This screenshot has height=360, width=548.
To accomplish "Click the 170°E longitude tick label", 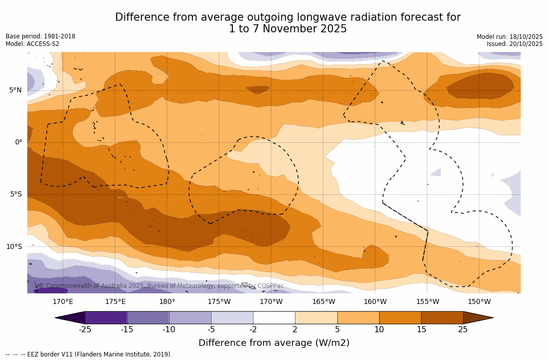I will (x=63, y=302).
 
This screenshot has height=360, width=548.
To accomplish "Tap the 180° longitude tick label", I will (x=167, y=302).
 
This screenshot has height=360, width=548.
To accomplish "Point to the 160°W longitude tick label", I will (x=375, y=302).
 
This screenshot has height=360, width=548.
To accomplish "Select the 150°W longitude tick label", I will (x=479, y=302).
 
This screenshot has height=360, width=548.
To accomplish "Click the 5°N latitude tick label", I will (x=15, y=90).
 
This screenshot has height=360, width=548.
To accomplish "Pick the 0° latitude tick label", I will (x=18, y=142).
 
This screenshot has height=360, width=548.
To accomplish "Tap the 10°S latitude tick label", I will (x=14, y=247).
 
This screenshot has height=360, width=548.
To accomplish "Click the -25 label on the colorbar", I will (x=85, y=330).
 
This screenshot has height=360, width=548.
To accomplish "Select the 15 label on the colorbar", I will (x=421, y=330).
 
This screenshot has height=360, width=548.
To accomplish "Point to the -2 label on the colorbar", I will (x=253, y=330).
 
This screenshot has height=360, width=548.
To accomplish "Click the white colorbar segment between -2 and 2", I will (x=274, y=318).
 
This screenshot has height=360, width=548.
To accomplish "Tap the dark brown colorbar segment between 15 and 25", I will (x=442, y=318).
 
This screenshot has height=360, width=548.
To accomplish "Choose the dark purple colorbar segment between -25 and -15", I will (x=106, y=318).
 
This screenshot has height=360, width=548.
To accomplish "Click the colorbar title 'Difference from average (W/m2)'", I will (x=274, y=343).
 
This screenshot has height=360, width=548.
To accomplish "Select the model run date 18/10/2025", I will (x=526, y=37).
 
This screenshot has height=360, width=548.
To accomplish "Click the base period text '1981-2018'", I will (x=59, y=36).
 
